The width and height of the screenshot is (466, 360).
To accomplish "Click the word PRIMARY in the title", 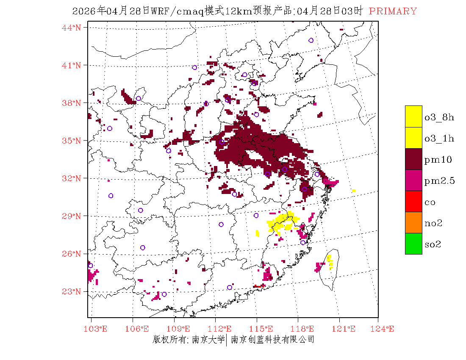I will [393, 11].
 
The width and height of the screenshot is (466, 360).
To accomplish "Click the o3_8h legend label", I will [439, 117].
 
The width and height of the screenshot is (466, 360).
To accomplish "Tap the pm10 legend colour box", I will [413, 159].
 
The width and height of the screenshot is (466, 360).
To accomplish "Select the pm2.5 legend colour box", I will [413, 180].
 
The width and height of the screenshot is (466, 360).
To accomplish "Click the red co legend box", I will [413, 202].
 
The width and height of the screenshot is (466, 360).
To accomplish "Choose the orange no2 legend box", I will [413, 223].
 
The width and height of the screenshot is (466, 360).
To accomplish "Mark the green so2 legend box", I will [413, 244].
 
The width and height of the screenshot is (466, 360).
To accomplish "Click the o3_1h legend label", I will [439, 138].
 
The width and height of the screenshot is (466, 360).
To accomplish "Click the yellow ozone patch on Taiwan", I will [330, 261].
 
